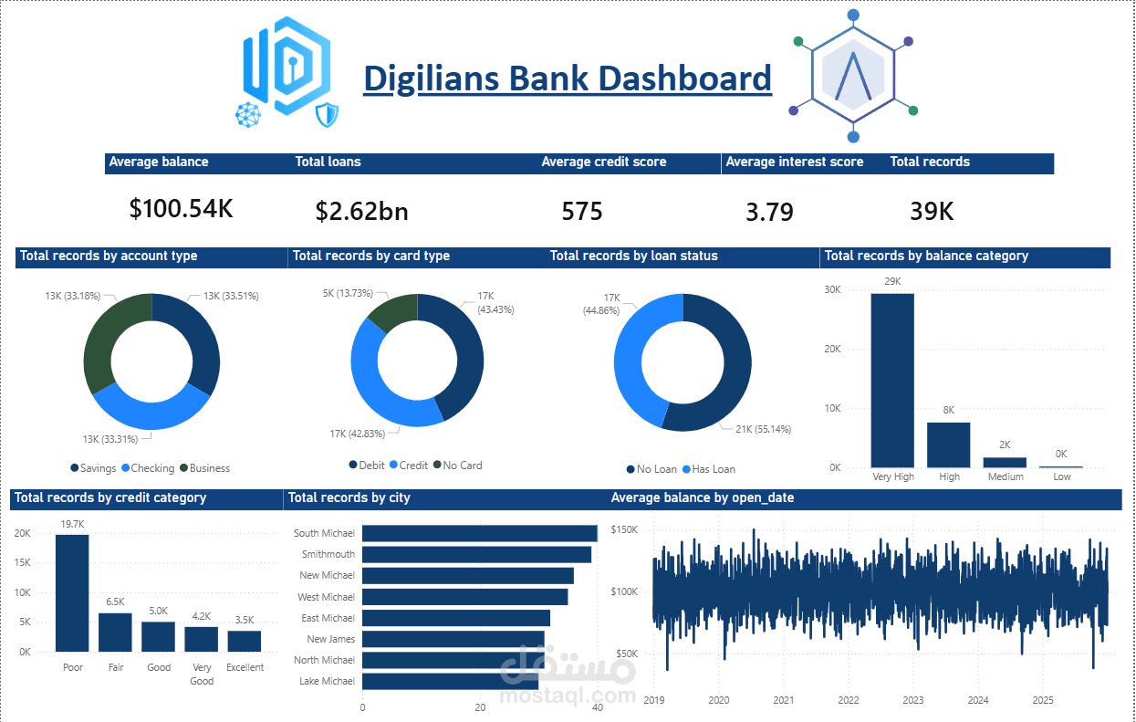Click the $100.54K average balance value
point(181,208)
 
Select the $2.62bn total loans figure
point(361,212)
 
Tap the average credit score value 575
point(582,212)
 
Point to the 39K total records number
point(932,212)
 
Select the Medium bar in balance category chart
point(1005,462)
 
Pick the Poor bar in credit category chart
point(72,592)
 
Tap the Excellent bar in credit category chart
point(245,641)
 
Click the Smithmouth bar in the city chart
point(476,554)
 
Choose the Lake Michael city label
point(327,681)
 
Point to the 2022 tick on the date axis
point(849,700)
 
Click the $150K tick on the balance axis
point(624,529)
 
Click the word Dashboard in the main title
point(689,78)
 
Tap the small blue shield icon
point(327,115)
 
